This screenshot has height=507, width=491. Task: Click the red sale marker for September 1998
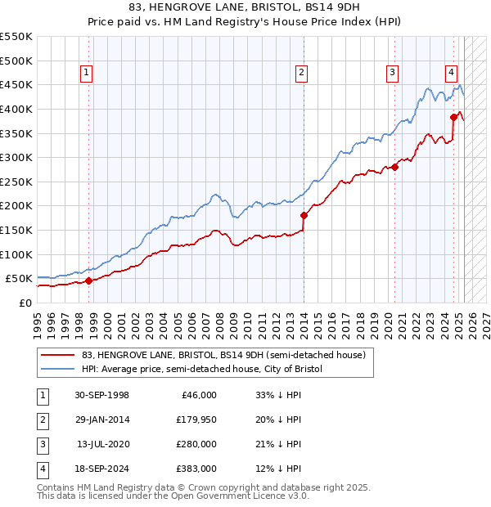pyautogui.click(x=88, y=280)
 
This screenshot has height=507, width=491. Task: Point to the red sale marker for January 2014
pyautogui.click(x=304, y=216)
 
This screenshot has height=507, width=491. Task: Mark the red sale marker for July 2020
pyautogui.click(x=394, y=167)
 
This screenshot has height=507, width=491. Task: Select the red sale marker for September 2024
pyautogui.click(x=453, y=117)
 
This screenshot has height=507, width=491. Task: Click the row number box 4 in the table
pyautogui.click(x=42, y=469)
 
